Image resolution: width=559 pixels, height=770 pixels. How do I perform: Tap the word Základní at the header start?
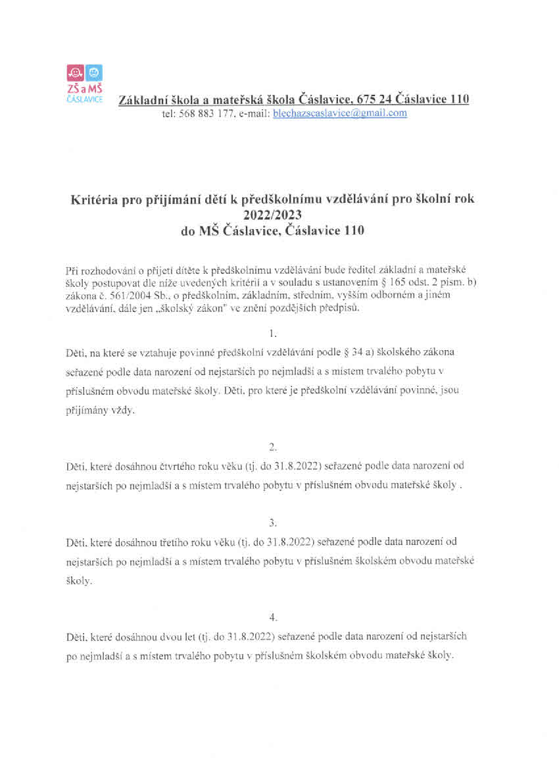pos(141,99)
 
